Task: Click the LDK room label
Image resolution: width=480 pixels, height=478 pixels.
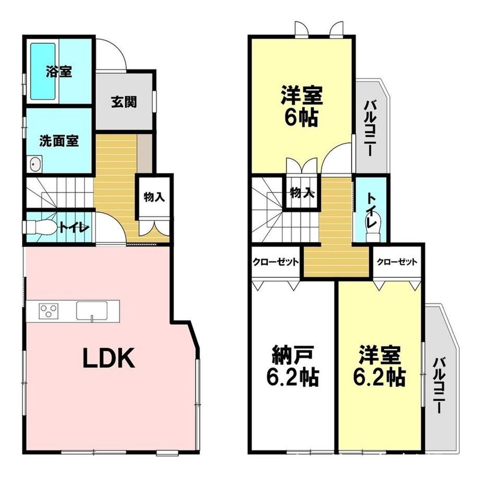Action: click(109, 358)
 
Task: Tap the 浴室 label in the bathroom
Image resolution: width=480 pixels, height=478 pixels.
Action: click(59, 72)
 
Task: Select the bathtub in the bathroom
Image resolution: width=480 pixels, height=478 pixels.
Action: click(43, 71)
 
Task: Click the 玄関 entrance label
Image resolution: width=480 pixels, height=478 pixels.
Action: click(124, 102)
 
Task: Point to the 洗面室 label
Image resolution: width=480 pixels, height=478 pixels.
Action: click(59, 141)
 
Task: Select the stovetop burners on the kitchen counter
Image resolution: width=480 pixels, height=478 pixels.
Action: click(49, 311)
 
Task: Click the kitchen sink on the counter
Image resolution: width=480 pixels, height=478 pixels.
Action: click(92, 311)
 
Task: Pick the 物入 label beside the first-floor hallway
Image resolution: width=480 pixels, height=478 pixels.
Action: click(154, 197)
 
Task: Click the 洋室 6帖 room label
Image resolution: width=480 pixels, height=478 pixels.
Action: click(302, 106)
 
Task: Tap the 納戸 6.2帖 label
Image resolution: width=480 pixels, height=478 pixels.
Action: click(293, 366)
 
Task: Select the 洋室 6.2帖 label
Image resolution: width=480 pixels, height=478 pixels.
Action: click(380, 366)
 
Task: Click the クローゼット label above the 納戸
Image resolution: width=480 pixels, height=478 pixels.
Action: click(275, 262)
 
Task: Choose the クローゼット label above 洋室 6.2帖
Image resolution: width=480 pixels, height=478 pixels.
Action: click(397, 262)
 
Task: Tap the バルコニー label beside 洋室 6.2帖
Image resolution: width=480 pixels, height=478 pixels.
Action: click(439, 385)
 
